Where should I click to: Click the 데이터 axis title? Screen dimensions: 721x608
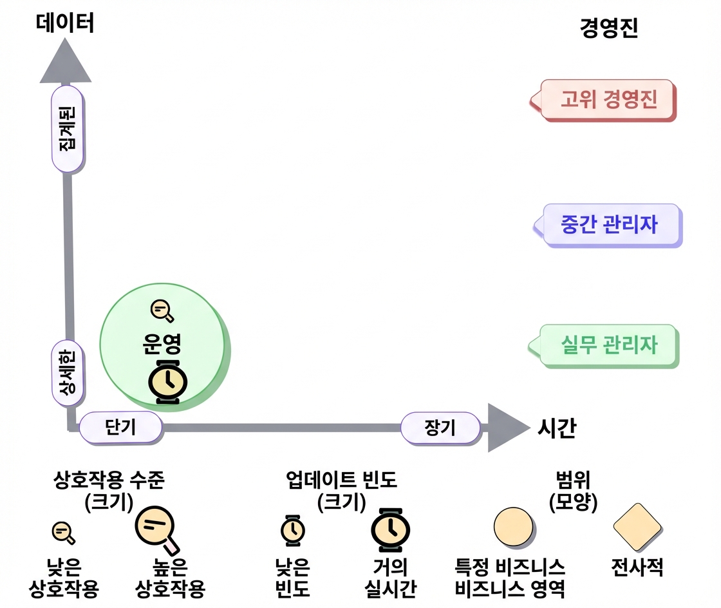(x=65, y=23)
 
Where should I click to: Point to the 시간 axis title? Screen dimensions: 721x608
(x=557, y=428)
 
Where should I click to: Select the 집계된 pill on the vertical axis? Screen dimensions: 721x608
(x=68, y=129)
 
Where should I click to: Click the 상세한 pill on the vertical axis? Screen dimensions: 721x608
(x=68, y=373)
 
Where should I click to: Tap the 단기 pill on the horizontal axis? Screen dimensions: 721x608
(x=121, y=428)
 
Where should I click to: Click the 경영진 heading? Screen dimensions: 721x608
(x=609, y=28)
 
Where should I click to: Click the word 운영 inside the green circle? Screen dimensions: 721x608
(x=162, y=343)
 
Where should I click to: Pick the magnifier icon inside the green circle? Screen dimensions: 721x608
(x=162, y=311)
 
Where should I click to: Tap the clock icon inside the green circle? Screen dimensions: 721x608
(x=168, y=382)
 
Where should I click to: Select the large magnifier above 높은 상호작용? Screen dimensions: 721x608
(x=157, y=529)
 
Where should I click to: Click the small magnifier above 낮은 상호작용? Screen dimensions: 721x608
(x=64, y=533)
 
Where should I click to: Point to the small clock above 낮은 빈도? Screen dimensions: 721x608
(x=293, y=531)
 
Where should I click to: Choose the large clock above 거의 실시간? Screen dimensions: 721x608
(x=390, y=530)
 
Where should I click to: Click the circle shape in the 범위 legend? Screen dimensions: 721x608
(x=514, y=527)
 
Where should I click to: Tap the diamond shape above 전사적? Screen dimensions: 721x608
(x=638, y=527)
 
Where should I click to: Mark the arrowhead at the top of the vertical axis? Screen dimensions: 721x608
(x=65, y=61)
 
